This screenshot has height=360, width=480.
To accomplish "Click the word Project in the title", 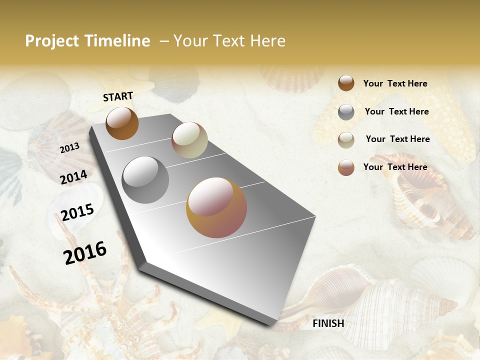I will tap(52, 41).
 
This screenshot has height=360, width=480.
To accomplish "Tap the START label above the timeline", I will tap(118, 96).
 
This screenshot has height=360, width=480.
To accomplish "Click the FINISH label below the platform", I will tap(328, 323).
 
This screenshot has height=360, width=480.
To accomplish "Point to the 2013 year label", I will tap(69, 147).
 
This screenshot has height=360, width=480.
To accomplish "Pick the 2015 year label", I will tap(77, 212).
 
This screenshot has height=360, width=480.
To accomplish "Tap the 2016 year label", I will tap(85, 253).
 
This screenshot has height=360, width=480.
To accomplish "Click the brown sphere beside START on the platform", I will tap(122, 123).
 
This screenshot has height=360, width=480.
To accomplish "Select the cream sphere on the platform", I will tap(189, 140).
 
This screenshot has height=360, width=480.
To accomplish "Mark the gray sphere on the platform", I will tap(145, 179).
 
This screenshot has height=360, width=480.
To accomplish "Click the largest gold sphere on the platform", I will tap(216, 207).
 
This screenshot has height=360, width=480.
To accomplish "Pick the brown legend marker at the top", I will tap(346, 83).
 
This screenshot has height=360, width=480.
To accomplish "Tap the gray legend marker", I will tap(346, 112).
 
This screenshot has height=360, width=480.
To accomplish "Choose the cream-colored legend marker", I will tap(346, 140).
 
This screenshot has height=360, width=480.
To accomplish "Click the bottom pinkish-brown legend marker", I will tap(346, 167).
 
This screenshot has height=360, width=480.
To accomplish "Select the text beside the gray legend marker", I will tap(397, 111).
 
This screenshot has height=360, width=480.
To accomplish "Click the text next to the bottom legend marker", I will tap(395, 167).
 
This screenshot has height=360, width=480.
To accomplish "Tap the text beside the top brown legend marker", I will tap(395, 83).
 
